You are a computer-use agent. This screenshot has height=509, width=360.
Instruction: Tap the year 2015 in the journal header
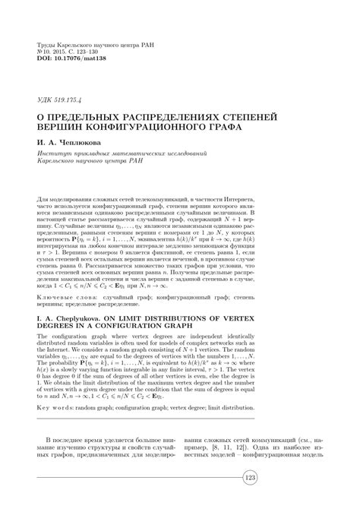point(62,51)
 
